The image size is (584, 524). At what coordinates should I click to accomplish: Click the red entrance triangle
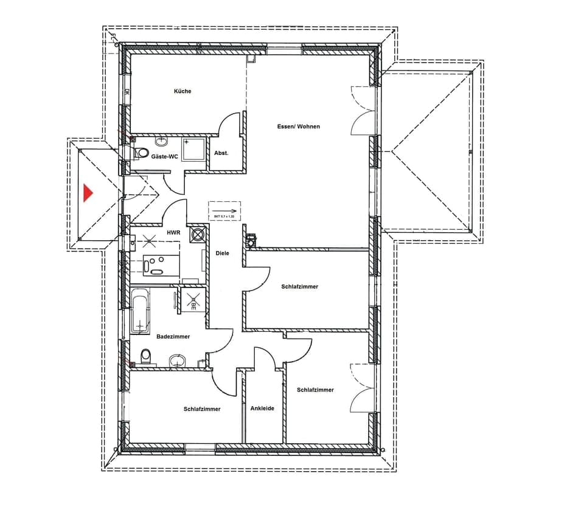[88, 193]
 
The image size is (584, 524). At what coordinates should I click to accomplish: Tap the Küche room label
[182, 91]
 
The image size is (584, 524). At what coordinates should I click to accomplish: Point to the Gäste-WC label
[165, 157]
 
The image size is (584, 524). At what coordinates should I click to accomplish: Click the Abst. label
[221, 153]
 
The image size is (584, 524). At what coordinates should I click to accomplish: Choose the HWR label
[173, 233]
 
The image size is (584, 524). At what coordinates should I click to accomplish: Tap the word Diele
[223, 253]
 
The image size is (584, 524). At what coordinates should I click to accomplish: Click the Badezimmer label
[173, 336]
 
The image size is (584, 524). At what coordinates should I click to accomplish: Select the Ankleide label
[262, 409]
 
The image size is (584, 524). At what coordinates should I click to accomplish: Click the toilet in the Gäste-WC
[141, 153]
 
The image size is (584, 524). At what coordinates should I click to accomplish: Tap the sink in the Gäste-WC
[161, 142]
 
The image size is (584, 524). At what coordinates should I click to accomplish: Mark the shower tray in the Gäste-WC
[195, 149]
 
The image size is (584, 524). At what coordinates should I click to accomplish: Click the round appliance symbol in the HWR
[198, 235]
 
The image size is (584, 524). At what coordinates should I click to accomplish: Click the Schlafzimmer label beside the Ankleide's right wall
[315, 390]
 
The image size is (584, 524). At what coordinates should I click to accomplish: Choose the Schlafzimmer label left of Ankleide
[202, 409]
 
